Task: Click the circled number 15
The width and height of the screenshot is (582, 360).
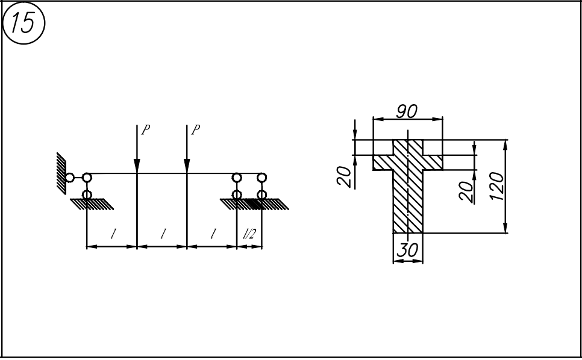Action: (23, 23)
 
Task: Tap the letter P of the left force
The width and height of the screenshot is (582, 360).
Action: (146, 130)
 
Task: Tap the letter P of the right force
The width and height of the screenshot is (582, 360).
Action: (195, 130)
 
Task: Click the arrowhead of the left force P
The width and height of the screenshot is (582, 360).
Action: (137, 166)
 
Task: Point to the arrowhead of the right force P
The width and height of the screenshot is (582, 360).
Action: (187, 166)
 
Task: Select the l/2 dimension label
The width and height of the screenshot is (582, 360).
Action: (249, 234)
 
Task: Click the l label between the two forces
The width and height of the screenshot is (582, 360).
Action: (163, 234)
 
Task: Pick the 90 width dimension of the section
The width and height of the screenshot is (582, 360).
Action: (407, 111)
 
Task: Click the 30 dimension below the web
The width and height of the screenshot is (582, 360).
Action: (407, 250)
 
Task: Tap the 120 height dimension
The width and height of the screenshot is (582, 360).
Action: (496, 186)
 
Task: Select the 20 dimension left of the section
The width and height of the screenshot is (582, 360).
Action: (343, 176)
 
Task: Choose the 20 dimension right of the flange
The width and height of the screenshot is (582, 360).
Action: (466, 191)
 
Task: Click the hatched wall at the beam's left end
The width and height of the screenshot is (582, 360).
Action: (61, 173)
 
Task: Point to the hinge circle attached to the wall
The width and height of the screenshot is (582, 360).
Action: (69, 178)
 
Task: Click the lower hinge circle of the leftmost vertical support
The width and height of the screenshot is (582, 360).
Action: (87, 194)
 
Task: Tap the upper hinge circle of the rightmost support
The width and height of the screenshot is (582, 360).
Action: (261, 178)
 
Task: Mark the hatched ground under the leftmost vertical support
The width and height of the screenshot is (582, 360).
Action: (92, 204)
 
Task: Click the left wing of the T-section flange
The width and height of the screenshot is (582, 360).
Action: (383, 163)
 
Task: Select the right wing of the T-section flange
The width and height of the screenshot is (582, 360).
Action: (433, 163)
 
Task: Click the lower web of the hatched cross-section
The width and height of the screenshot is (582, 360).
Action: (408, 202)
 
